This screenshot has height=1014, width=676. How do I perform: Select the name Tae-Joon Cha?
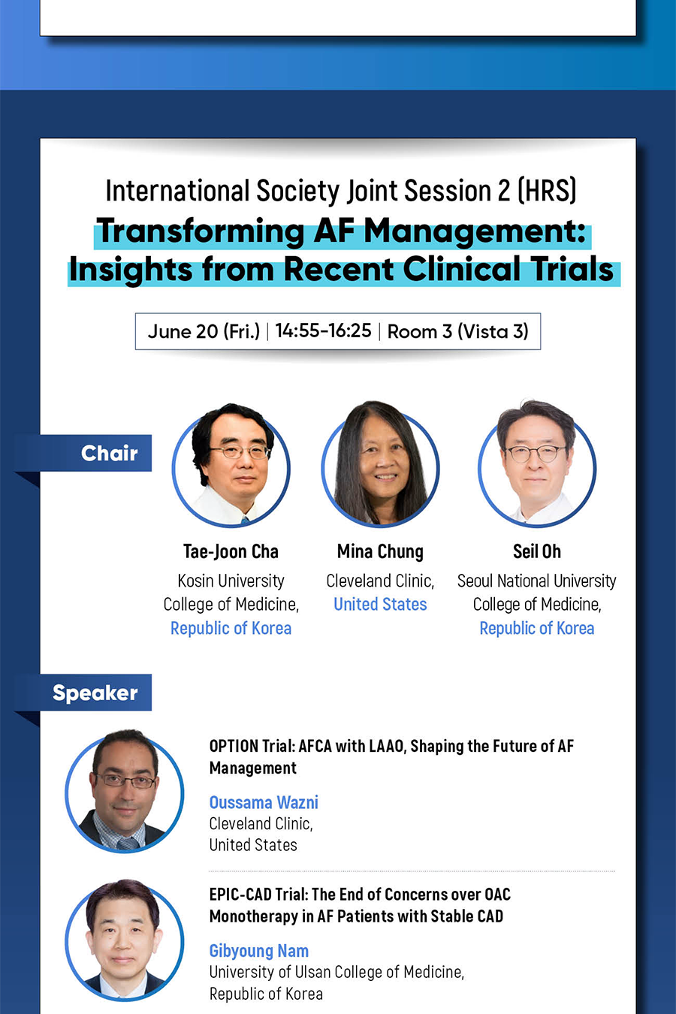tap(231, 552)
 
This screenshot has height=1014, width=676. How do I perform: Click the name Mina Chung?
tap(380, 552)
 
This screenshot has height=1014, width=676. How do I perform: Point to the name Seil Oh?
tap(537, 551)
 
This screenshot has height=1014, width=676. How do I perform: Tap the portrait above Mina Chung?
tap(380, 464)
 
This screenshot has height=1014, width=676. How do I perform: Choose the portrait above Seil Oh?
tap(537, 463)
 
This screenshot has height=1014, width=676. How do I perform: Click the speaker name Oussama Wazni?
tap(264, 803)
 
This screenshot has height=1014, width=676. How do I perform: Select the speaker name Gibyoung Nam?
tap(259, 951)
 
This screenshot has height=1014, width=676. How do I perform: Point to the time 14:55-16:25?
tap(323, 331)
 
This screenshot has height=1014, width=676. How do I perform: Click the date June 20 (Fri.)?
tap(204, 331)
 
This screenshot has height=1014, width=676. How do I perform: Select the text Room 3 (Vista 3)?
tap(457, 331)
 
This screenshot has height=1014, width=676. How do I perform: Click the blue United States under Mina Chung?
tap(380, 605)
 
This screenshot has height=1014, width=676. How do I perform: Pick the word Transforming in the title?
tap(200, 231)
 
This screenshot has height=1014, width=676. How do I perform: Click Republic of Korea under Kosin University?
tap(231, 629)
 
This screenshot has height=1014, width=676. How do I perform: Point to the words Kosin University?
tap(231, 581)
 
